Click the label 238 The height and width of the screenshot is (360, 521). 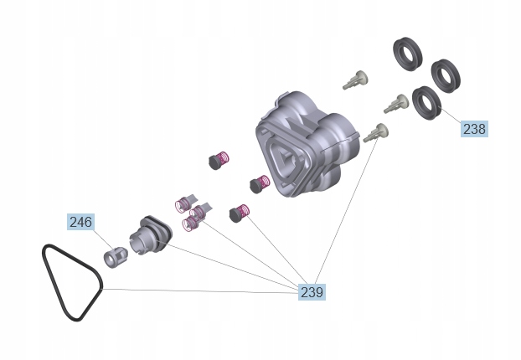pyautogui.click(x=473, y=129)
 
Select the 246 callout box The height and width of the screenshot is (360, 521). pyautogui.click(x=80, y=222)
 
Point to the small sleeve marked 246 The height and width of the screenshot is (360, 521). pyautogui.click(x=114, y=255)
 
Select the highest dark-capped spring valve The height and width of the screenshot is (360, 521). pyautogui.click(x=219, y=158)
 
